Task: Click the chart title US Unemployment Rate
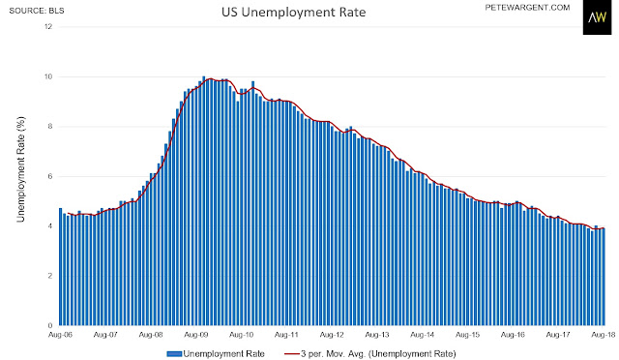(293, 13)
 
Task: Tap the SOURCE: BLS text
(37, 11)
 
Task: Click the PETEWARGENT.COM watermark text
(527, 8)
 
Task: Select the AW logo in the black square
(597, 17)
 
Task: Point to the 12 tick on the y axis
(48, 27)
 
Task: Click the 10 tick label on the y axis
(48, 76)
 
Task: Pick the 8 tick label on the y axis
(50, 127)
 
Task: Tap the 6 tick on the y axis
(50, 176)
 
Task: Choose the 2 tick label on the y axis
(50, 276)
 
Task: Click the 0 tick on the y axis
(50, 325)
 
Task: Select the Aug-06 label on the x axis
(60, 335)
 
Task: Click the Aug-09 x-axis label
(196, 335)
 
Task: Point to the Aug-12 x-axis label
(332, 335)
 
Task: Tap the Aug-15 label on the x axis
(468, 335)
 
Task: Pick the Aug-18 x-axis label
(604, 335)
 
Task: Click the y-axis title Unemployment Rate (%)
(20, 169)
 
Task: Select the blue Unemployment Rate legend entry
(216, 353)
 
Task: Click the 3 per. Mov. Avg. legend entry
(369, 353)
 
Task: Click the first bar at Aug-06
(60, 267)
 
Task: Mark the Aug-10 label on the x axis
(242, 335)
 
